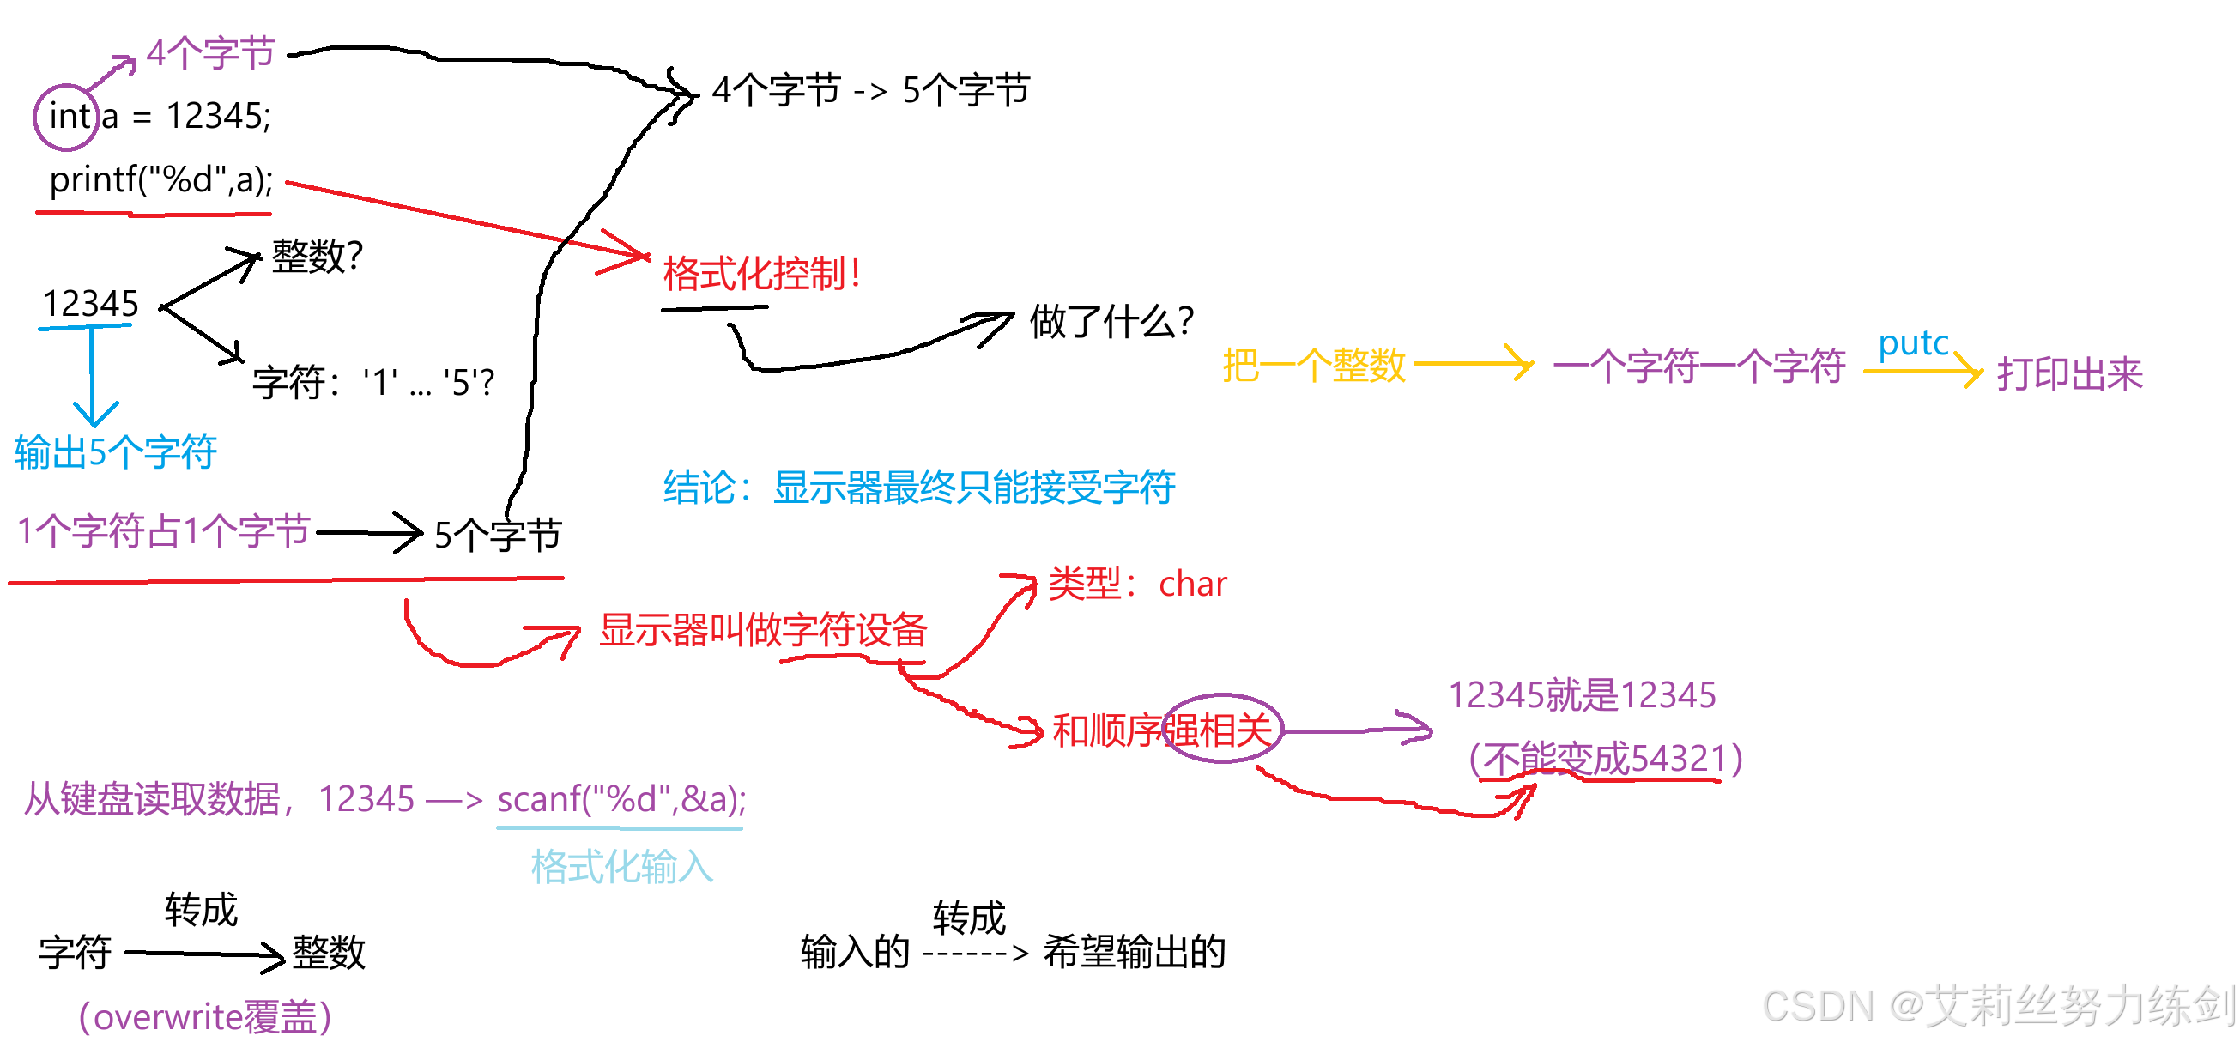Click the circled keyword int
pyautogui.click(x=68, y=117)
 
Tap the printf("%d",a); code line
pyautogui.click(x=160, y=180)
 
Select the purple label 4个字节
pyautogui.click(x=210, y=53)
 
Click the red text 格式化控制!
pyautogui.click(x=762, y=274)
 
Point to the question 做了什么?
pyautogui.click(x=1111, y=322)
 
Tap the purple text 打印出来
pyautogui.click(x=2068, y=374)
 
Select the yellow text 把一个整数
pyautogui.click(x=1313, y=366)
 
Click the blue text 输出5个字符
pyautogui.click(x=115, y=452)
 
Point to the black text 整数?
pyautogui.click(x=317, y=257)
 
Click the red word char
pyautogui.click(x=1192, y=585)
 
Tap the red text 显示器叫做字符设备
pyautogui.click(x=763, y=630)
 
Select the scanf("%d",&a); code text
pyautogui.click(x=621, y=798)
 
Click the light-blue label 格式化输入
pyautogui.click(x=621, y=867)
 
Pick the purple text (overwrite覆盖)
pyautogui.click(x=205, y=1016)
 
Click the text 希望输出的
pyautogui.click(x=1134, y=952)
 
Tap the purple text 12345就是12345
pyautogui.click(x=1581, y=695)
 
